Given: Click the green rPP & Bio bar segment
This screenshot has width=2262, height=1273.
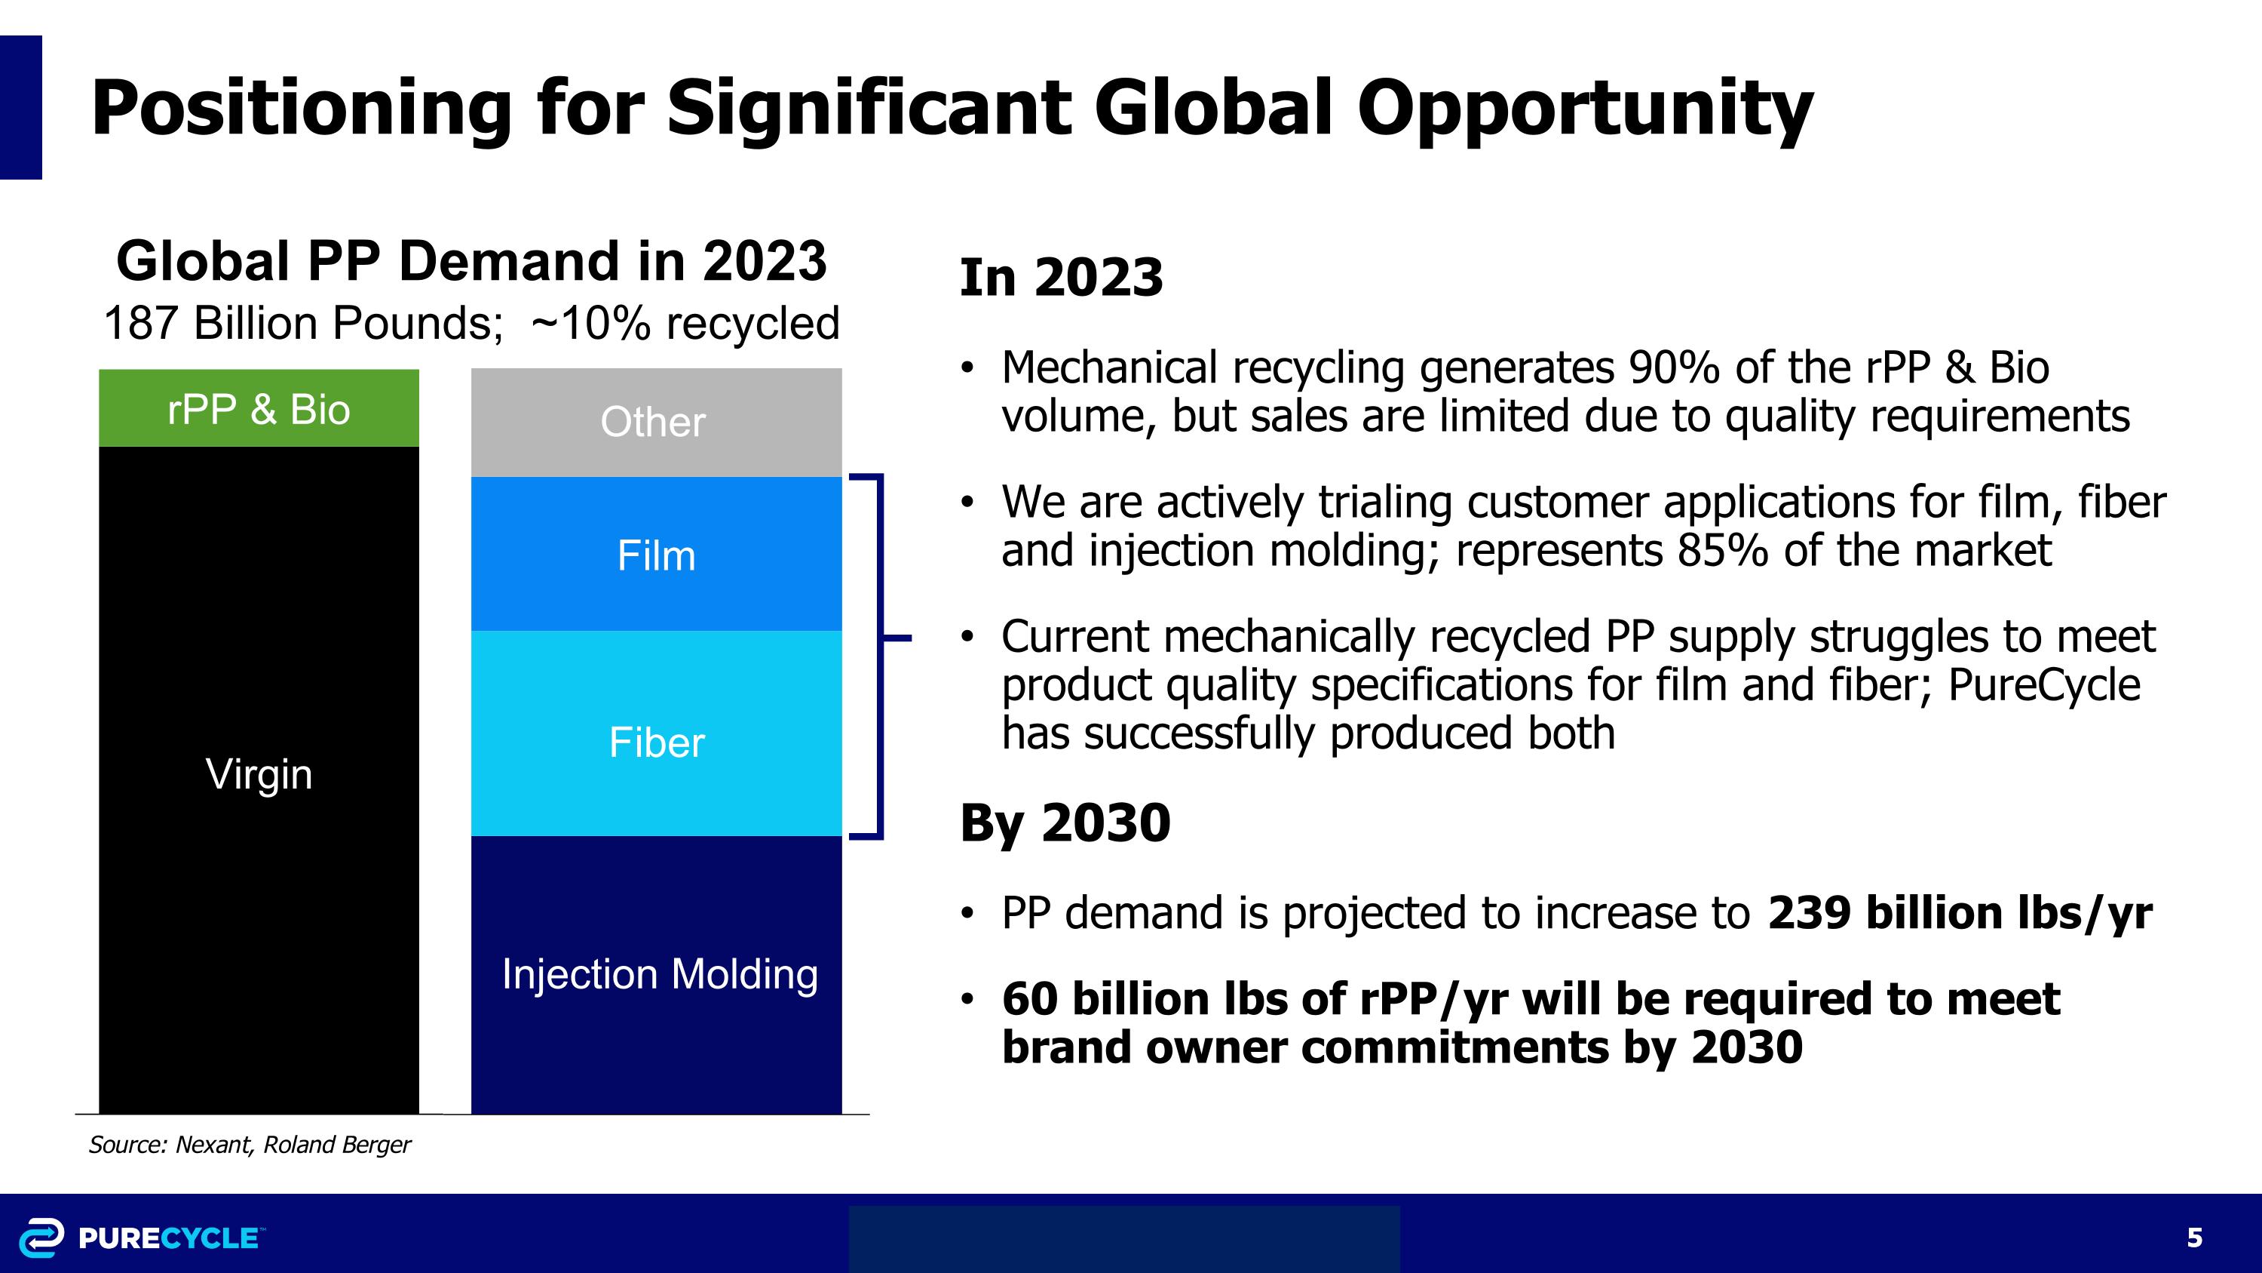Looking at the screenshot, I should click(259, 408).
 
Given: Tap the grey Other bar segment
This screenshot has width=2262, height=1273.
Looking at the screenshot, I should click(656, 423).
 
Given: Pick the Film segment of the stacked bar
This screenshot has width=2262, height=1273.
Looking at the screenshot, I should click(656, 555).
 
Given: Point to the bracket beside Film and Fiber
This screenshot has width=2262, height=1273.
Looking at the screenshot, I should click(880, 657).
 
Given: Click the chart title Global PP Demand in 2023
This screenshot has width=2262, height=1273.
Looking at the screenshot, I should click(471, 261).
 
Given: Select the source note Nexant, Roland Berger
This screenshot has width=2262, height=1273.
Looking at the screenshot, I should click(250, 1145).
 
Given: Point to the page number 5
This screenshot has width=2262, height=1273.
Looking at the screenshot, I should click(2193, 1238).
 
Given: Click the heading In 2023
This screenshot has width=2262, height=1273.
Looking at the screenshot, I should click(1061, 278).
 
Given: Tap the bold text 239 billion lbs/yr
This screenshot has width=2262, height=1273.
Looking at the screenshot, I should click(1959, 913).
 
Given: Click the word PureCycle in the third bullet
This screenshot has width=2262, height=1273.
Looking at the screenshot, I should click(2044, 685).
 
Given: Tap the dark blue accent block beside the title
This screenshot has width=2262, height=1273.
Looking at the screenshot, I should click(21, 107).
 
